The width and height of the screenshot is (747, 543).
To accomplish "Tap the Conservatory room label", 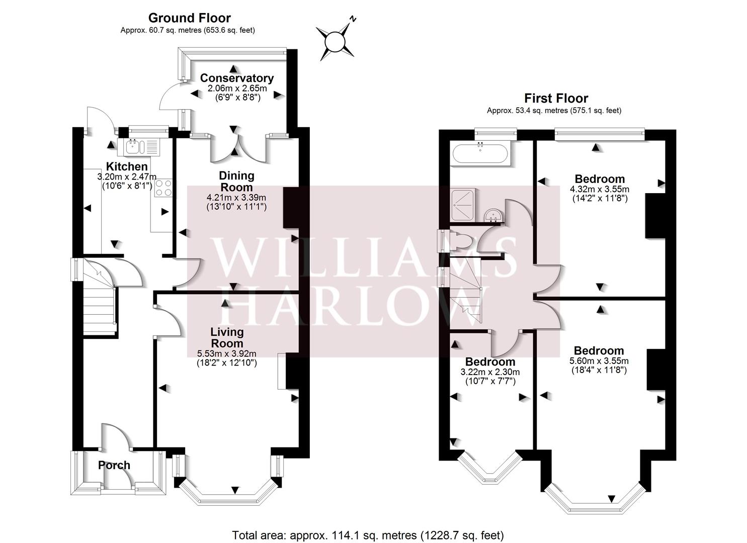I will pos(236,78).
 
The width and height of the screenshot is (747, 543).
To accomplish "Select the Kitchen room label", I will pos(126,166).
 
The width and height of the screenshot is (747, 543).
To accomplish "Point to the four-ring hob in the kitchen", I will pos(164,189).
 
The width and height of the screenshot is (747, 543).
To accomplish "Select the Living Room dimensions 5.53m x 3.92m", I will pos(227,353).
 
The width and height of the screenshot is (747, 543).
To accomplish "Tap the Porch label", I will pos(114,465).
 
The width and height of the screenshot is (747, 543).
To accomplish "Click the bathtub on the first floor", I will pos(480,153).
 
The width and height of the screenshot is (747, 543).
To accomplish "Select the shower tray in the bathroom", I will pos(466,205).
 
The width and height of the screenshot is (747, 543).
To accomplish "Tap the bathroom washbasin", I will pos(492,216).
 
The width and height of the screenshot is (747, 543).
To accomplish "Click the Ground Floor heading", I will pos(189,18).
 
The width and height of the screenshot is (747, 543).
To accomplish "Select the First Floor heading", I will pos(556,98).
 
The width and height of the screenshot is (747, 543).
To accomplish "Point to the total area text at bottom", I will pos(368,535).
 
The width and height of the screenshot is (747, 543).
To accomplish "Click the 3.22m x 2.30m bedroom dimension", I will pos(490,372).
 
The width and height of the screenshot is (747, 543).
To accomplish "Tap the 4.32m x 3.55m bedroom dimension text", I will pos(599,190).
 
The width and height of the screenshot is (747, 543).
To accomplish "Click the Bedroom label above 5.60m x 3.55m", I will pos(599,350).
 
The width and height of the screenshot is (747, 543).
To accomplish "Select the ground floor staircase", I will pos(99,302).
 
